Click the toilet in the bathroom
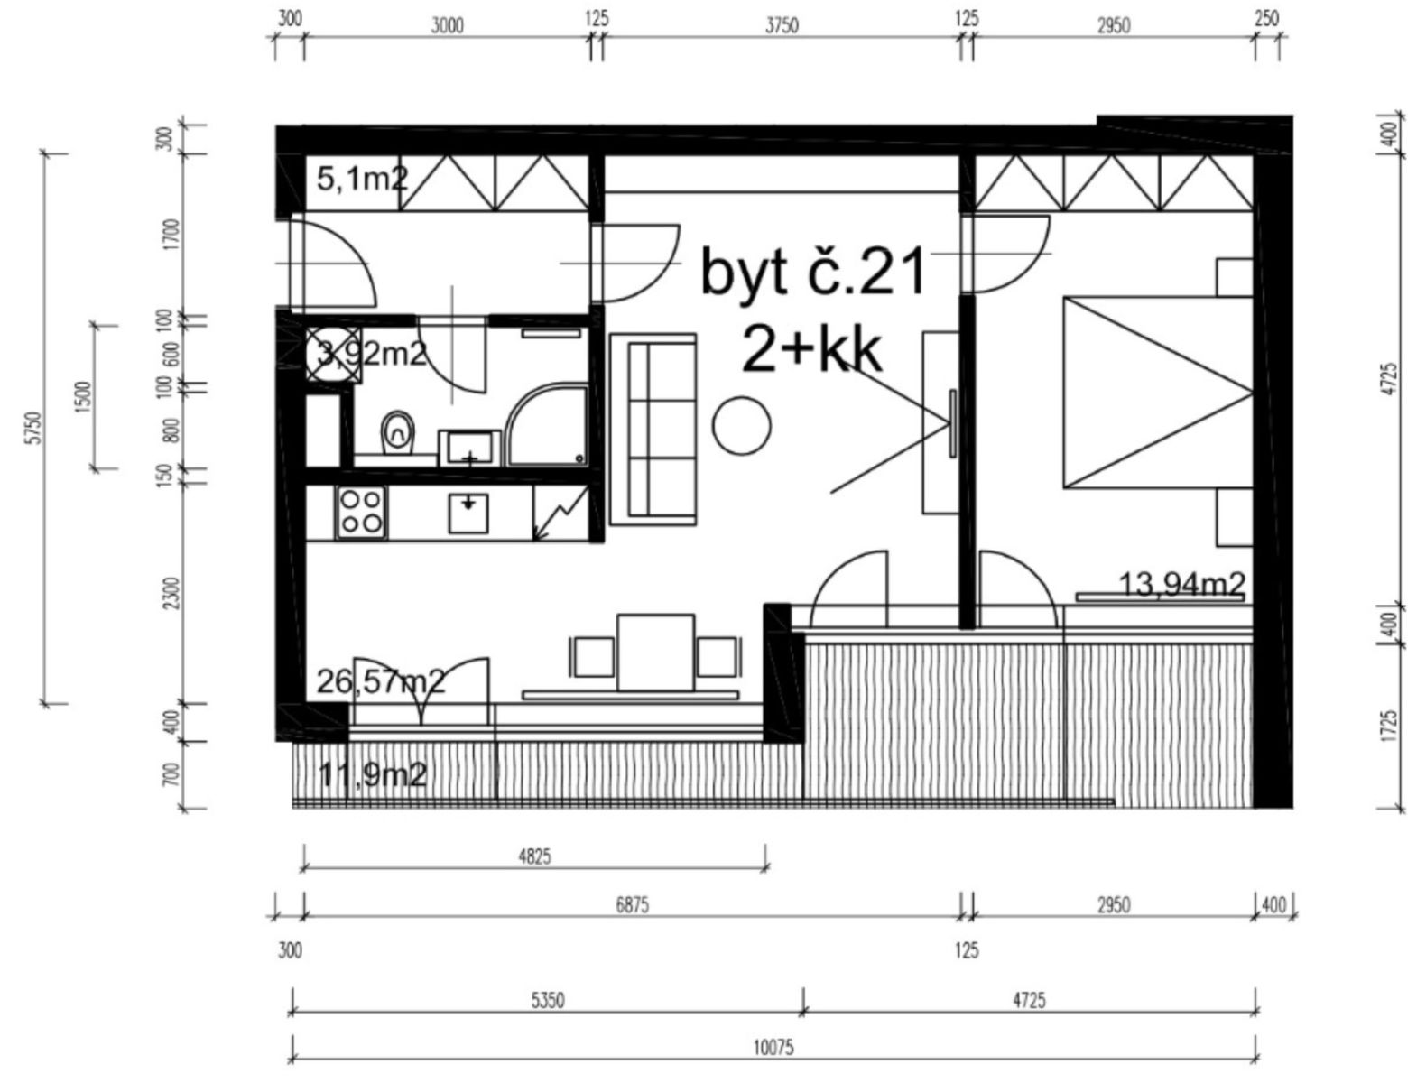[398, 431]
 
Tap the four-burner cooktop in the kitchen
[360, 513]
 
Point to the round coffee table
[741, 426]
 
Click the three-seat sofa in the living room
[653, 430]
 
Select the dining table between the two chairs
[655, 653]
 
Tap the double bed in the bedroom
[1157, 393]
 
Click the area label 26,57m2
[381, 681]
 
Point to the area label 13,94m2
[1182, 585]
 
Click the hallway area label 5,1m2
[363, 179]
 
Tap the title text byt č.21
[813, 273]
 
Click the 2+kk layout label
[811, 350]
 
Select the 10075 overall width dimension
[773, 1048]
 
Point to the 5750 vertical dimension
[33, 428]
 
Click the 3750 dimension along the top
[782, 26]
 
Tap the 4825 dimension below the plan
[534, 856]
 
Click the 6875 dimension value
[632, 905]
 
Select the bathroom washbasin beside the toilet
[469, 449]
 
